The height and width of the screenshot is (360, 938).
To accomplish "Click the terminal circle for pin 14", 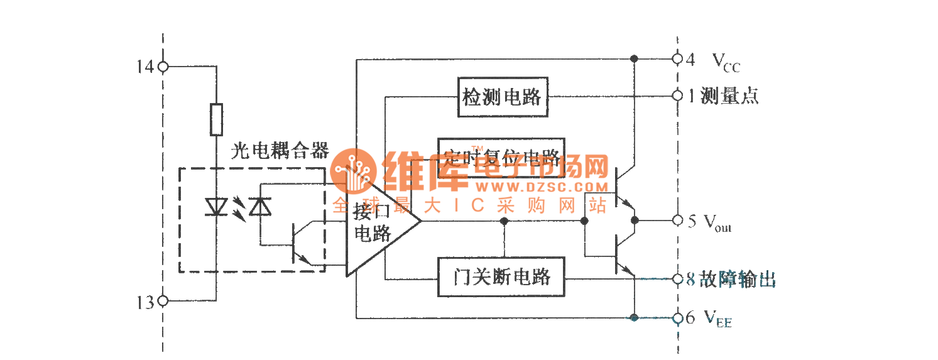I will (x=163, y=66).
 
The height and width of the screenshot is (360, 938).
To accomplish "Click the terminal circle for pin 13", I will (x=163, y=301).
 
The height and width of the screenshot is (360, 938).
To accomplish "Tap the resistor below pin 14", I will (x=215, y=119).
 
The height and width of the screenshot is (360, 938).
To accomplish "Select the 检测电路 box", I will (x=503, y=97).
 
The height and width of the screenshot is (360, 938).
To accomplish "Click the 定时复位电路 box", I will (x=501, y=157).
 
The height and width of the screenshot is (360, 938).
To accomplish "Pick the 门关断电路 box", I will (x=501, y=277).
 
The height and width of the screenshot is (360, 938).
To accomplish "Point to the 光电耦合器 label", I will (x=280, y=151).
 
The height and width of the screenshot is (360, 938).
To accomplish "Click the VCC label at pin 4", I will (x=726, y=62).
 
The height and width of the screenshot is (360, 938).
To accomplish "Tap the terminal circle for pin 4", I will (x=677, y=58).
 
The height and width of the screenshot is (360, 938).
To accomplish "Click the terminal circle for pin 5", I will (x=677, y=221).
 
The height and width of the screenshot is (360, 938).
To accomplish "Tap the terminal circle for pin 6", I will (x=677, y=318).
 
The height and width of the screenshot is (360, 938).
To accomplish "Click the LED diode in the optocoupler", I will (x=215, y=207).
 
